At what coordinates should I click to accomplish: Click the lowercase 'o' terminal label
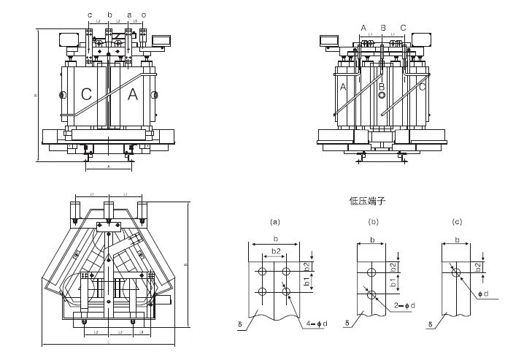(x=144, y=14)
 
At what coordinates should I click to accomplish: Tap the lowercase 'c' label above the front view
(x=90, y=14)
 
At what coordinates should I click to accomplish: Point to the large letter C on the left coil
(x=87, y=94)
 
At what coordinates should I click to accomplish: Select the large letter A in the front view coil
(x=133, y=94)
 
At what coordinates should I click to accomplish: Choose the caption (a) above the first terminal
(x=275, y=221)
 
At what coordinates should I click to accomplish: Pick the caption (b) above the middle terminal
(x=374, y=221)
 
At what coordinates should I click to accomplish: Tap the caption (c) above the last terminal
(x=458, y=221)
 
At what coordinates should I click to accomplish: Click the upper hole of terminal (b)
(x=372, y=272)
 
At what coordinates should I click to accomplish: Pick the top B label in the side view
(x=382, y=28)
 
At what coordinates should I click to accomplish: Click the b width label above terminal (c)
(x=458, y=240)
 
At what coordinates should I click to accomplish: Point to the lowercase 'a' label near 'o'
(x=129, y=14)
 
